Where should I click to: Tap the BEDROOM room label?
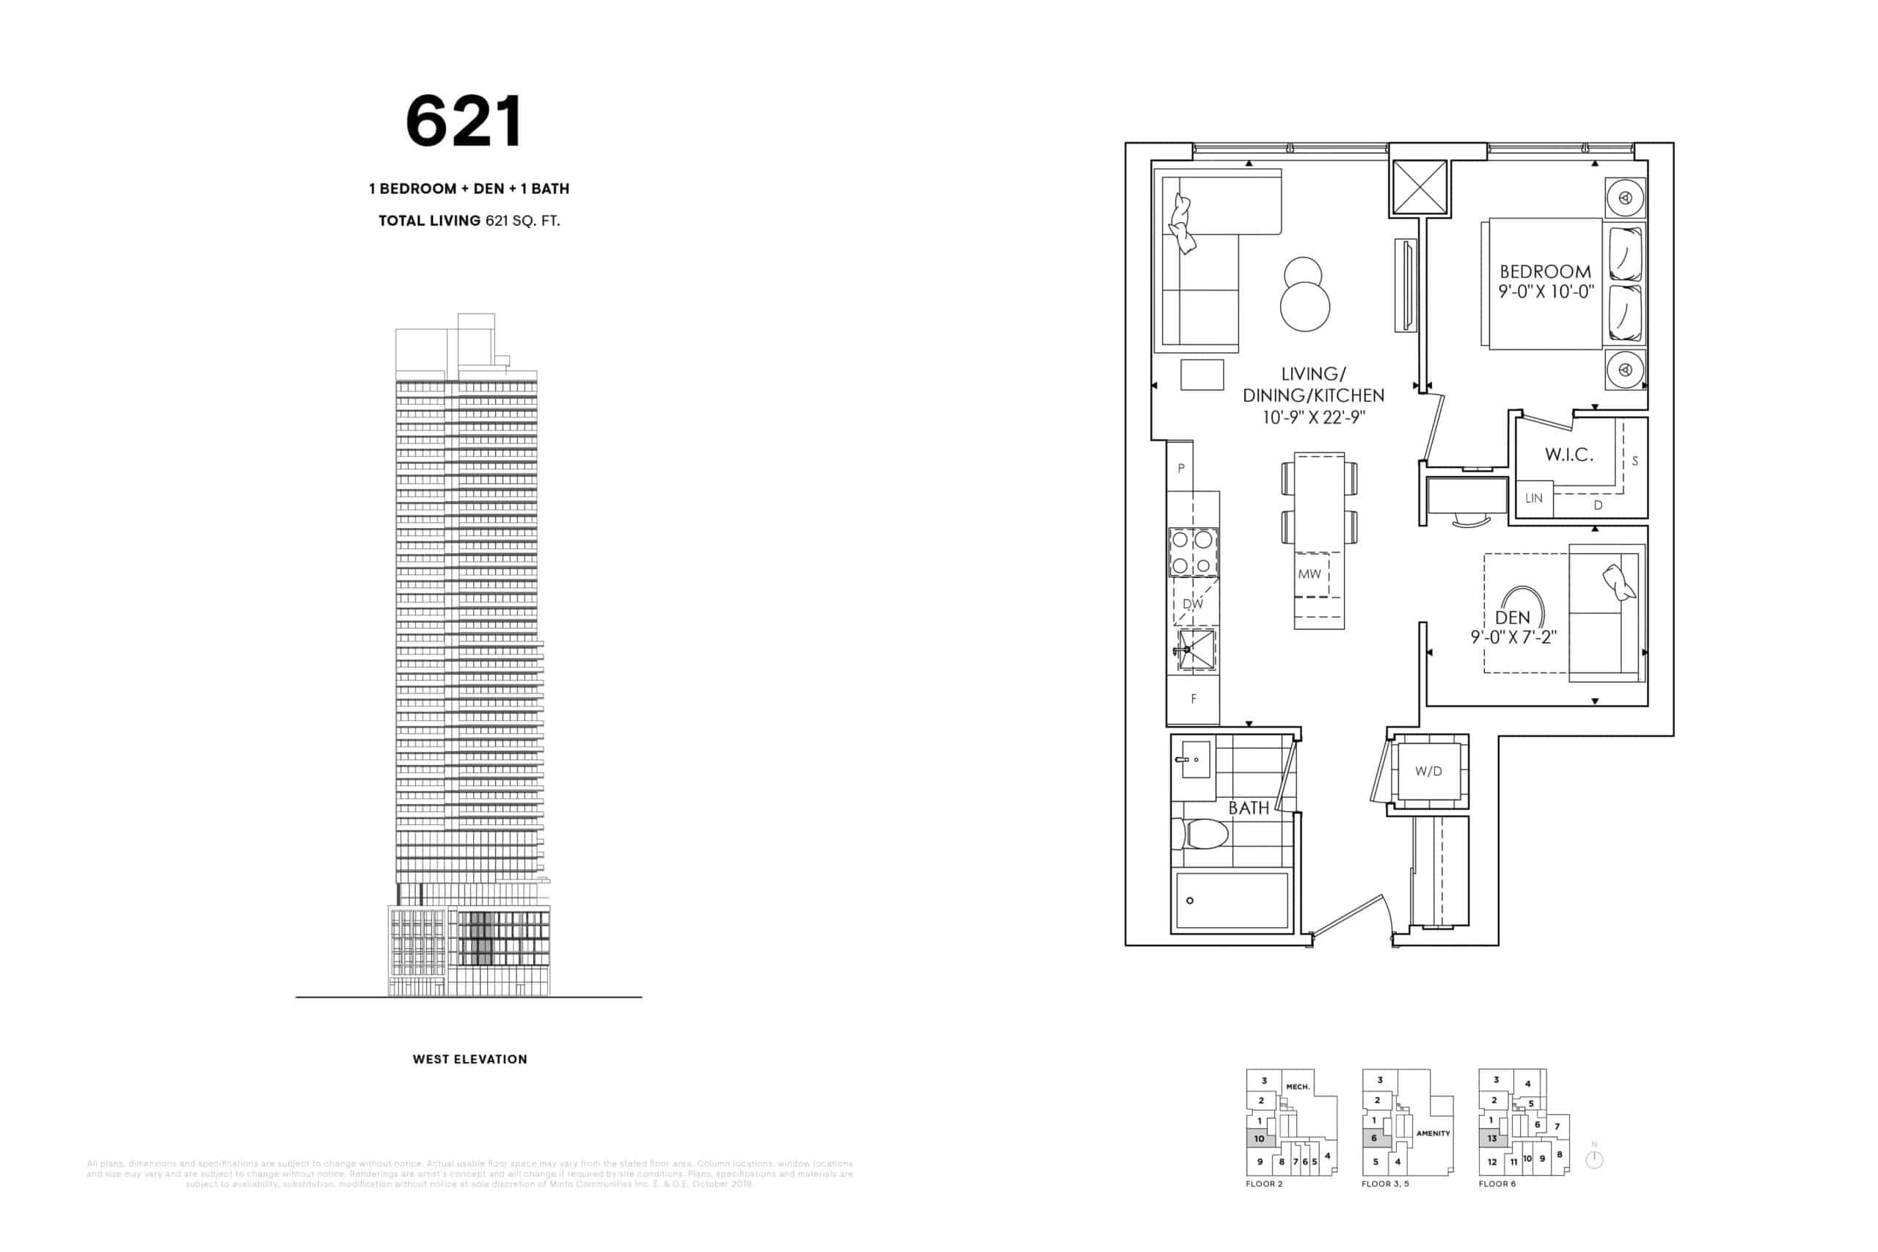coord(1545,271)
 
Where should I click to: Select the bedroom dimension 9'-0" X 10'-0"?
coord(1546,292)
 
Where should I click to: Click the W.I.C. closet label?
coord(1569,455)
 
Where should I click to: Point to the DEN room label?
coord(1512,618)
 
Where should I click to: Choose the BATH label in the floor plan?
coord(1248,808)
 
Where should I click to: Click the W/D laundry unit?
coord(1428,772)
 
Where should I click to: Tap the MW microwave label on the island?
coord(1309,574)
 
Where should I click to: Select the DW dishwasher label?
coord(1193,604)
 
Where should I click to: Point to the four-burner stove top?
coord(1193,552)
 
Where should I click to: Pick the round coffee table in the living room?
coord(1305,306)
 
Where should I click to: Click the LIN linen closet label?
coord(1534,498)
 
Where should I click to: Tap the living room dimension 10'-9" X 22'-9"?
coord(1313,417)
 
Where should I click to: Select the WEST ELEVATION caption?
coord(469,1060)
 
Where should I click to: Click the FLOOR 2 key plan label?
coord(1264,1184)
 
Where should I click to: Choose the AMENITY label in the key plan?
coord(1433,1134)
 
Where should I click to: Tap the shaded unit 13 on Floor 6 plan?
coord(1491,1138)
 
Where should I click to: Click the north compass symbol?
coord(1595,1160)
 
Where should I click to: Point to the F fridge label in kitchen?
coord(1194,699)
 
